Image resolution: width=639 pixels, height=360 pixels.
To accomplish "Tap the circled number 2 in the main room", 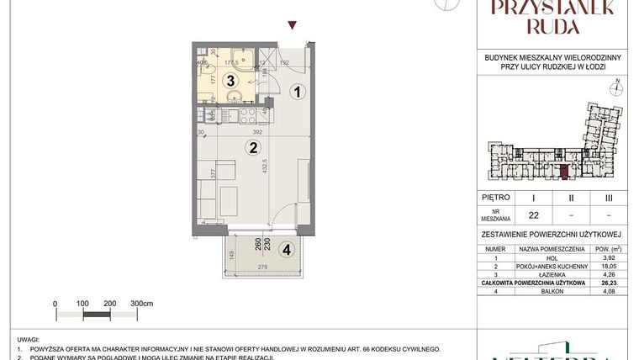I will pos(251,148).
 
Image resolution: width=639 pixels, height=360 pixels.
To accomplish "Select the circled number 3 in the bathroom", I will pos(230,81).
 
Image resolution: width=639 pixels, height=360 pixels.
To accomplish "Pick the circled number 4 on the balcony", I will pos(287,250).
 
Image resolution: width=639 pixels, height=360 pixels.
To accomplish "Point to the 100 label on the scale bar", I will pos(83,302).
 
